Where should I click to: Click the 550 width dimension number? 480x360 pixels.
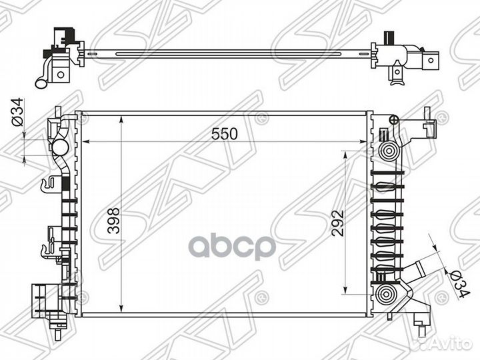(x=225, y=133)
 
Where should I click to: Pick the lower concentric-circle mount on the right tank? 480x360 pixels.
(x=385, y=295)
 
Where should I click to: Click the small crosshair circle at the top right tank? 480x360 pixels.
(x=393, y=120)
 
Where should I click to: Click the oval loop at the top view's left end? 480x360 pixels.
(x=42, y=82)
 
